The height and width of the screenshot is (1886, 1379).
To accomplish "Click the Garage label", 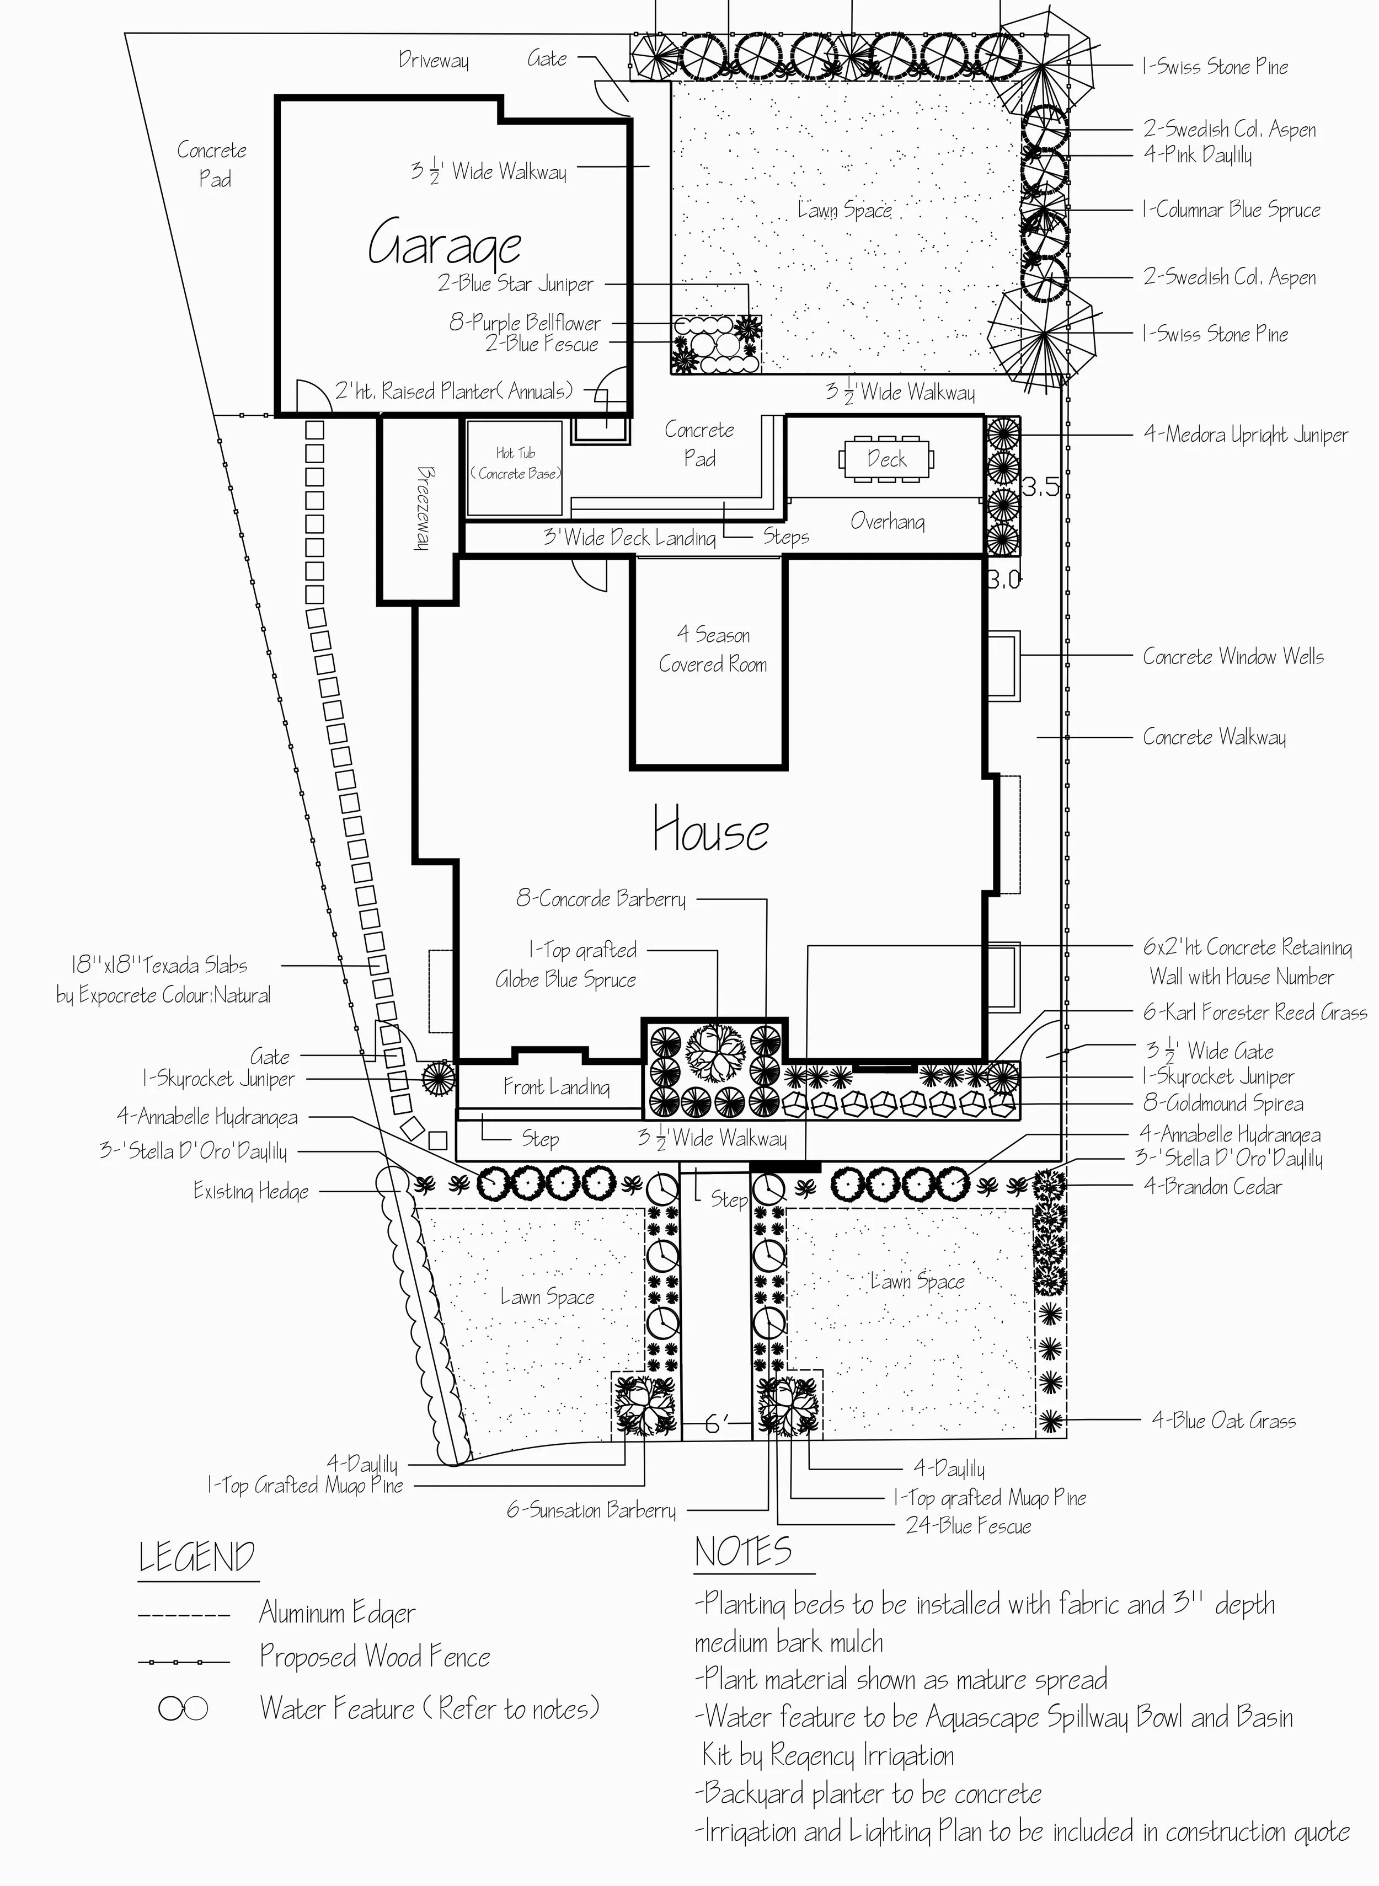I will point(445,244).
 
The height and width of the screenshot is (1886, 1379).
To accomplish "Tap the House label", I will point(710,829).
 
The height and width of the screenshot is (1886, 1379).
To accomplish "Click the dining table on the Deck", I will point(886,459).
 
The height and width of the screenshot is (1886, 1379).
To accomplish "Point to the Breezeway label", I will point(423,507).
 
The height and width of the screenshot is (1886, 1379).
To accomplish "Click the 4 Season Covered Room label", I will point(712,649).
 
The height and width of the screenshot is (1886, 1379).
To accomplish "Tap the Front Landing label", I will point(556,1086).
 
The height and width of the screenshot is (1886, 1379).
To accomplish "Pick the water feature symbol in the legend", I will point(183,1709).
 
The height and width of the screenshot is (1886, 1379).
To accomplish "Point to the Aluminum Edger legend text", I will point(337,1612).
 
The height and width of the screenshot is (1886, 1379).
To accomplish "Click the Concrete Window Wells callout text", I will point(1233,657).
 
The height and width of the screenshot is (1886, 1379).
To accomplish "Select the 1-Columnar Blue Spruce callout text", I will point(1231,210).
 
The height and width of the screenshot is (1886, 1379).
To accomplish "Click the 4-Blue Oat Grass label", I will point(1224,1421).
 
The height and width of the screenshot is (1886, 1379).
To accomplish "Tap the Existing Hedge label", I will point(250,1191).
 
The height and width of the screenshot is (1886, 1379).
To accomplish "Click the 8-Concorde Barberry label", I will point(601,899).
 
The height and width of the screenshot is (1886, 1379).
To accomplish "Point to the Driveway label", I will point(433,60).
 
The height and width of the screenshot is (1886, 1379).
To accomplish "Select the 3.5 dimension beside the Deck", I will point(1040,487).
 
